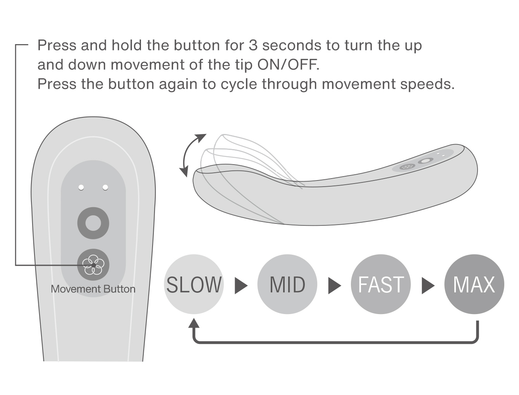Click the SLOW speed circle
[194, 284]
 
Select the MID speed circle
[287, 284]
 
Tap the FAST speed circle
[381, 284]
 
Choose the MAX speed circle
[474, 284]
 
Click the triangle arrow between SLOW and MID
[241, 285]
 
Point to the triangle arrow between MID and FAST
[334, 285]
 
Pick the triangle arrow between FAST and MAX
[428, 285]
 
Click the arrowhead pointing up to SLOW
[194, 323]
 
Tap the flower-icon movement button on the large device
[93, 265]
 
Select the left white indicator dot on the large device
[81, 187]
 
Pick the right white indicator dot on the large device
[105, 187]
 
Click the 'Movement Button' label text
[93, 289]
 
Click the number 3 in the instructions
[253, 45]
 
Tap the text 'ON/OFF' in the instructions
[288, 64]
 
